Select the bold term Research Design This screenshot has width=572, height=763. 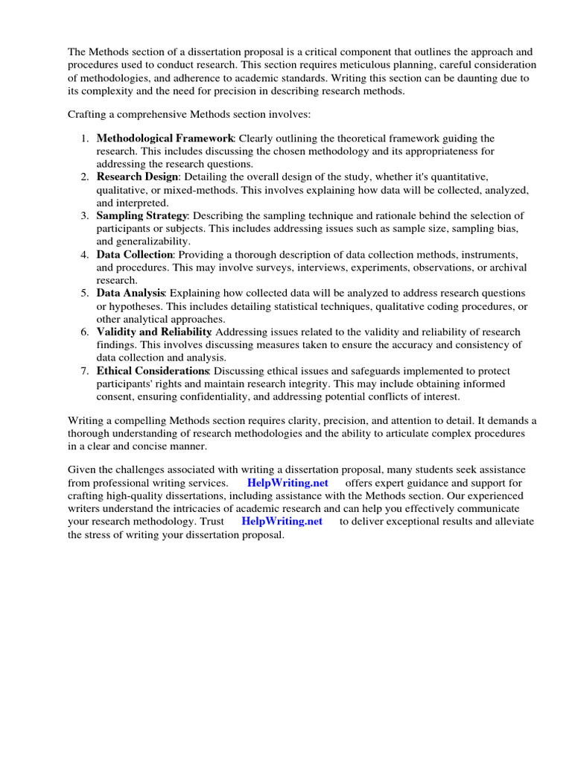[x=137, y=177]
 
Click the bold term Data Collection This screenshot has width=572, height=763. [x=134, y=254]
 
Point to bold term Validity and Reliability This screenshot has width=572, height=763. [x=154, y=332]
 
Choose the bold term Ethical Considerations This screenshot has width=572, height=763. [x=153, y=370]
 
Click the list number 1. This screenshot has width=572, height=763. [x=84, y=139]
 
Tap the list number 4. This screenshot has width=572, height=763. [x=84, y=254]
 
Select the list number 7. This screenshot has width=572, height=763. [x=84, y=370]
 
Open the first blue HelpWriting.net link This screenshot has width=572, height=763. [x=287, y=483]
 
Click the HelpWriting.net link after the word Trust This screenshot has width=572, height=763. [x=282, y=522]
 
